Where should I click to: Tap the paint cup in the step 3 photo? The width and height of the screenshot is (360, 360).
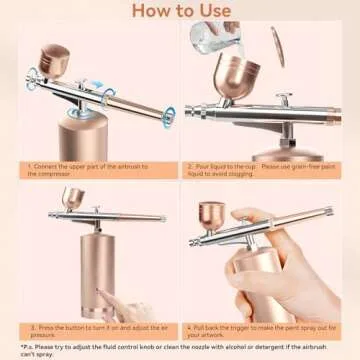coord(73,198)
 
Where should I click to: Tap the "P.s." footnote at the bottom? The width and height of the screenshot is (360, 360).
coord(180,350)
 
